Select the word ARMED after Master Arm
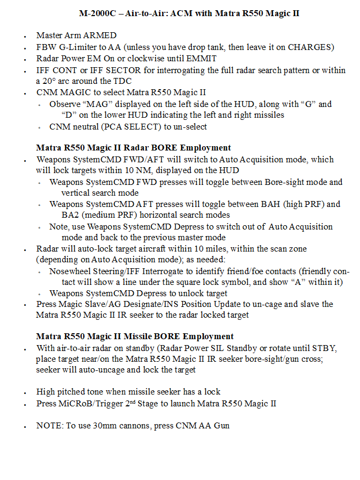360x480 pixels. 102,35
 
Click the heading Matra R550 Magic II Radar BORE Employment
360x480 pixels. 133,148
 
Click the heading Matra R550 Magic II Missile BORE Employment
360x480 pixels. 135,337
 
